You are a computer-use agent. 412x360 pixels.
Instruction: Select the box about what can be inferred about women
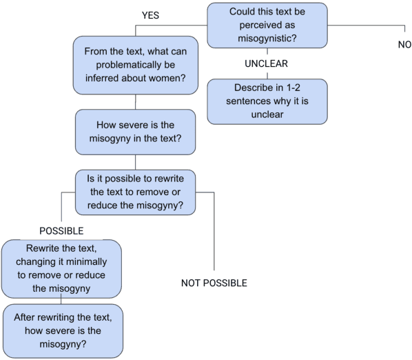tap(134, 66)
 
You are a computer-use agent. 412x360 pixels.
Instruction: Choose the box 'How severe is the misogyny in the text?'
tap(134, 134)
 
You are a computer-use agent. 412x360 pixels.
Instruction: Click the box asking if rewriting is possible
tap(134, 191)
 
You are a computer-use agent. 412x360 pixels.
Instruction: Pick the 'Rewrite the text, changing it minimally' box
tap(61, 268)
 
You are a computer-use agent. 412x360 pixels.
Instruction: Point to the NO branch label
tap(404, 44)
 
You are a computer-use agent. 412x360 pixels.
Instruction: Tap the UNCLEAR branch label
tap(265, 63)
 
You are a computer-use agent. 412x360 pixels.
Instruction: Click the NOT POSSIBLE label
tap(214, 283)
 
